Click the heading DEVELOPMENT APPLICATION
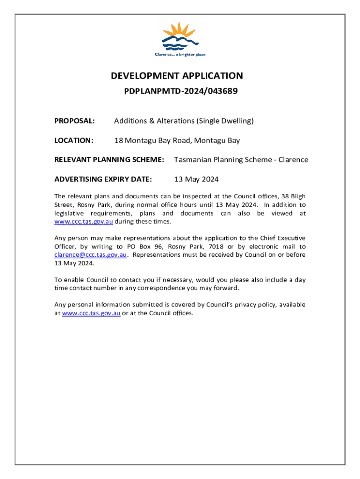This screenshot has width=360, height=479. point(177,76)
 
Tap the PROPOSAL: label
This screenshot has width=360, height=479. point(75,121)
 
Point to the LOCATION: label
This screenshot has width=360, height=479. point(74,140)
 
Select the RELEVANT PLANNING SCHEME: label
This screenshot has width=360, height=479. point(109,160)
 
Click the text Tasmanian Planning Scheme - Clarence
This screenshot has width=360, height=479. point(241,160)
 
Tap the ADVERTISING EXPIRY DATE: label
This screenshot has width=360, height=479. point(103,179)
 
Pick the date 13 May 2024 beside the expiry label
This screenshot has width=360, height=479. point(196,179)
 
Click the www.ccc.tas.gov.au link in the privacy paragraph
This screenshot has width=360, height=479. point(91,313)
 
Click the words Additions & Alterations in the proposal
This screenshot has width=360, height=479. point(154,121)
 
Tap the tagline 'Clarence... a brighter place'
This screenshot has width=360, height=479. point(180,55)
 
